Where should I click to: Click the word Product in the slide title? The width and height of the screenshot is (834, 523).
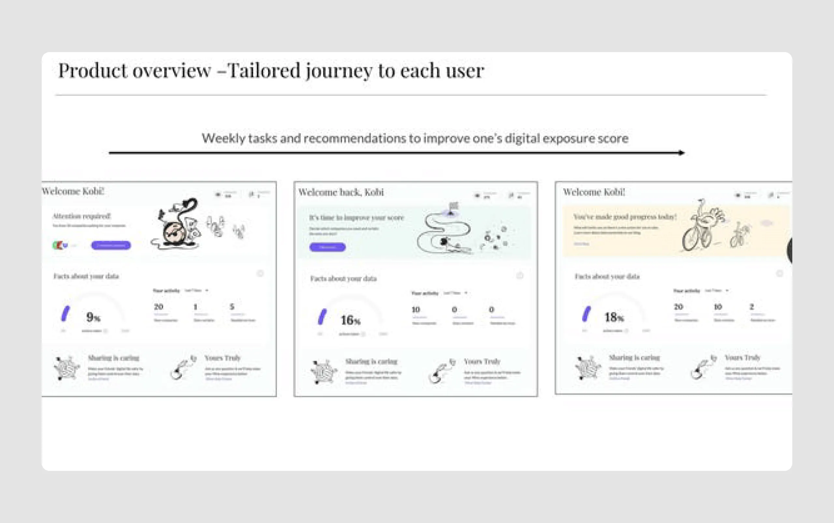(93, 71)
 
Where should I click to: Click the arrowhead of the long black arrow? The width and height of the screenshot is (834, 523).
(681, 152)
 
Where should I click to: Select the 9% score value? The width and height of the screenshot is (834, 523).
(93, 317)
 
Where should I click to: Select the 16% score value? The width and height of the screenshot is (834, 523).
(350, 320)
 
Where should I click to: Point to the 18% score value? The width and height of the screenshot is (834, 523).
(613, 317)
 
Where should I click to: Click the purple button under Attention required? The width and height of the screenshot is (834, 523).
(111, 245)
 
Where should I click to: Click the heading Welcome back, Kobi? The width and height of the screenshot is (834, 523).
(341, 192)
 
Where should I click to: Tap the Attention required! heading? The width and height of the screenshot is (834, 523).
(81, 216)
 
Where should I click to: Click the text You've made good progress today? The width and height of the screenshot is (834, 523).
(625, 217)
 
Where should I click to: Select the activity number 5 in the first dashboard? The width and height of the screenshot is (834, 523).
(232, 306)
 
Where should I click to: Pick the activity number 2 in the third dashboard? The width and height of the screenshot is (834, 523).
(751, 306)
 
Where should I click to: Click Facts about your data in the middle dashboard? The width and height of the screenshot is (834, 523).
(343, 278)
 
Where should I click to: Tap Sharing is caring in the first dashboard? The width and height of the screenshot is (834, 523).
(113, 358)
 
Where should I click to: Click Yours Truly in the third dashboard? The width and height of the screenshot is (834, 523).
(742, 357)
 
